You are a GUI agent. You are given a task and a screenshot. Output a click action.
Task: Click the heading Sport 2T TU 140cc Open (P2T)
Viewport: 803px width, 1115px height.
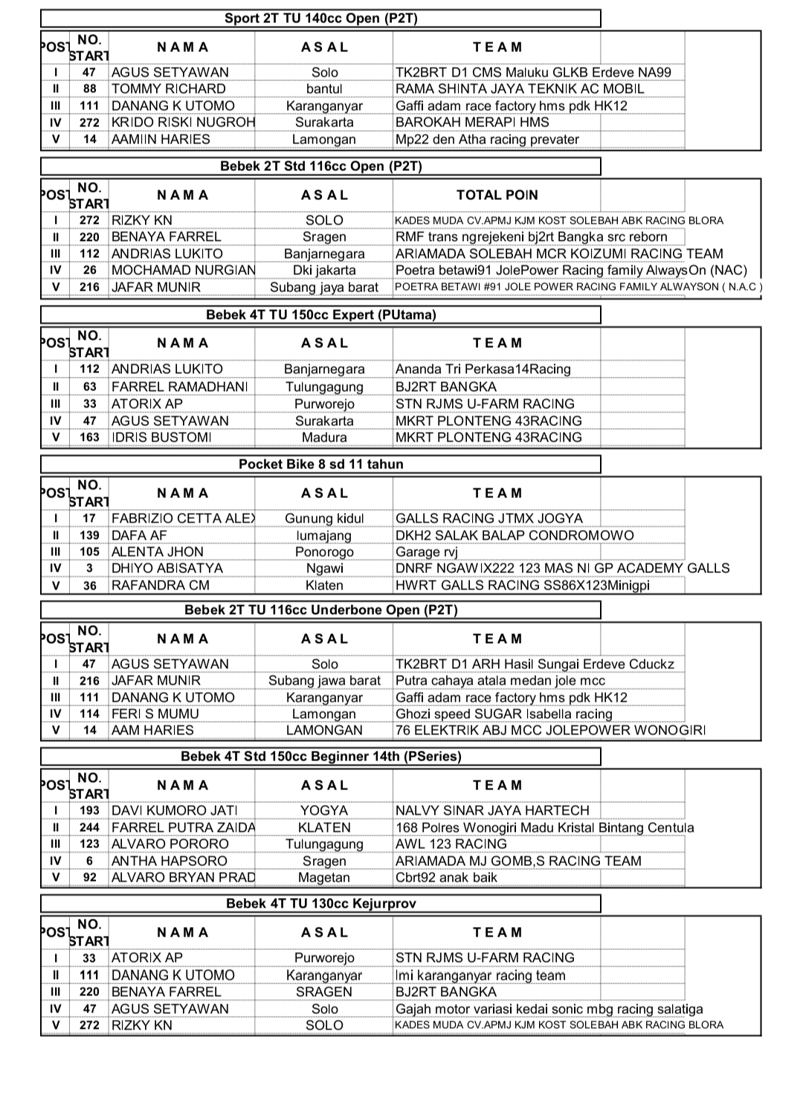coord(320,19)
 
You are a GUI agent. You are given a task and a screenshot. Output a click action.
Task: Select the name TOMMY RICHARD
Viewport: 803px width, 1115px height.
coord(168,88)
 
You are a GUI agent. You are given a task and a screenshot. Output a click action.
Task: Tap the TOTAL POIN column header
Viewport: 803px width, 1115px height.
coord(497,195)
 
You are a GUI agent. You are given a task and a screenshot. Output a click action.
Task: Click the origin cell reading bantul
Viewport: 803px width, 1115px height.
coord(324,88)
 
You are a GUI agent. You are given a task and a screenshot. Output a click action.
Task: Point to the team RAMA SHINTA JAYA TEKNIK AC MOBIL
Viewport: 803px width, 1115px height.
coord(520,88)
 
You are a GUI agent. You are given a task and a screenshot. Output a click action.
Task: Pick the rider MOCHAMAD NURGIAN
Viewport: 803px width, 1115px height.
coord(183,270)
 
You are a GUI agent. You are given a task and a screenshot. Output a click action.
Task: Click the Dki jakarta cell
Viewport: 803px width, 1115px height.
coord(324,270)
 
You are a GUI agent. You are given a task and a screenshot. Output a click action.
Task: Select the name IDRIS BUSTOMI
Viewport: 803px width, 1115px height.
coord(161,437)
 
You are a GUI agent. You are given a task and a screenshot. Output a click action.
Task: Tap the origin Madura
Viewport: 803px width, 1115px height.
coord(324,437)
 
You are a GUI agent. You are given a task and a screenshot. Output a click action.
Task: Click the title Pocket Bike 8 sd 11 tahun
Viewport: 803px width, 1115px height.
coord(320,465)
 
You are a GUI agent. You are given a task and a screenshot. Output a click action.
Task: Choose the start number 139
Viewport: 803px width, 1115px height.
coord(89,535)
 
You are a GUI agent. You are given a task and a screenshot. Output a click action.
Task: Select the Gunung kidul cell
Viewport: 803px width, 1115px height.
coord(324,518)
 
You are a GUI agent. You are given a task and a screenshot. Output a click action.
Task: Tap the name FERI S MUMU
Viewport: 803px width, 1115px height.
coord(155,714)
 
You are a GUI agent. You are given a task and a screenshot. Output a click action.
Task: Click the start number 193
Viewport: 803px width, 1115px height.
coord(89,810)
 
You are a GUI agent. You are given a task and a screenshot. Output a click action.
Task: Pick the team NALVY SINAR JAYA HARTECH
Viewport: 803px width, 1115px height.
coord(492,810)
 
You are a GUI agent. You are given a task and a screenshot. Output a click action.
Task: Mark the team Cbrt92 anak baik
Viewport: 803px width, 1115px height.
coord(446,877)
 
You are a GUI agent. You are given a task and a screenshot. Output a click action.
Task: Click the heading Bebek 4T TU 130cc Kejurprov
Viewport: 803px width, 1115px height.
coord(320,904)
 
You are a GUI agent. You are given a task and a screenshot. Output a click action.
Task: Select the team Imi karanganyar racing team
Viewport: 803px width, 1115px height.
coord(480,975)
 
